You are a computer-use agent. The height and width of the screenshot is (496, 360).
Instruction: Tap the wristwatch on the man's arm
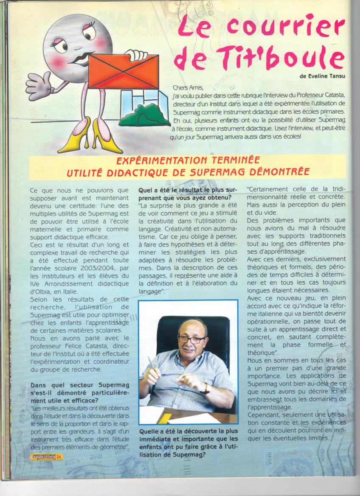207,388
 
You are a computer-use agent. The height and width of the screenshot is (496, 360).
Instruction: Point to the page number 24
59,457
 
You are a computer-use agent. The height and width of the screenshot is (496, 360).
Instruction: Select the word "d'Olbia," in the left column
45,291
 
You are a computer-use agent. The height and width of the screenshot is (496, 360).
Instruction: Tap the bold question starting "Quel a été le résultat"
187,193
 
